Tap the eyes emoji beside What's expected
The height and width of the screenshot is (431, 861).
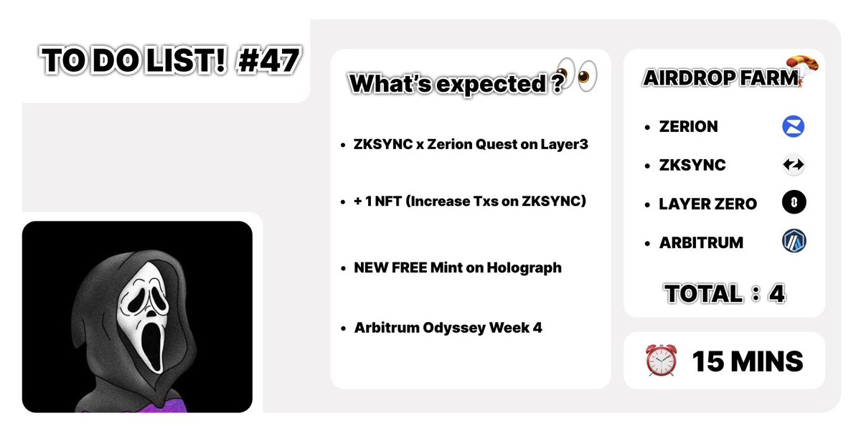[x=578, y=74]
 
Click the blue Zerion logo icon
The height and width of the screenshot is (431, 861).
[x=794, y=127]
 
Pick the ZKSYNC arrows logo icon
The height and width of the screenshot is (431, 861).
[x=794, y=165]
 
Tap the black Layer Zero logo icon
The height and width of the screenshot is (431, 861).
[x=794, y=204]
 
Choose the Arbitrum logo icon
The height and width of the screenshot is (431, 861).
[x=794, y=242]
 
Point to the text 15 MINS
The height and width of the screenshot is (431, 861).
[x=747, y=361]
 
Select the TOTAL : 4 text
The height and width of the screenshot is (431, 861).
[x=724, y=293]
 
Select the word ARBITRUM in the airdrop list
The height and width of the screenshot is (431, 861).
[x=701, y=242]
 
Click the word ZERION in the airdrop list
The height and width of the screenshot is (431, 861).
[x=688, y=127]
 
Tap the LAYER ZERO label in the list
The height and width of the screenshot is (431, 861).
[x=707, y=204]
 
